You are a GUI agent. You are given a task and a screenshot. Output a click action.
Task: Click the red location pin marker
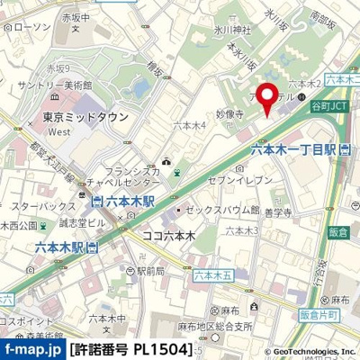tap(266, 98)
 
